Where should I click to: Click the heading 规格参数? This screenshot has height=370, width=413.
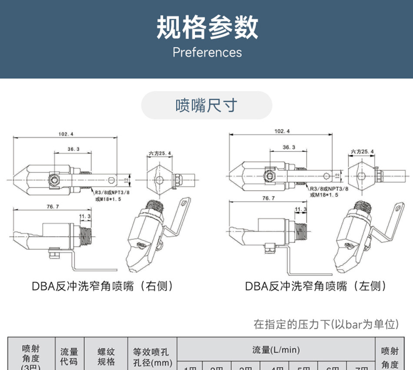pos(207,27)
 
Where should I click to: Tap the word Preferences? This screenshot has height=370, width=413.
pos(207,53)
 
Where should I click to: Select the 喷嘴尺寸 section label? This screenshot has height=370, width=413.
pos(206,105)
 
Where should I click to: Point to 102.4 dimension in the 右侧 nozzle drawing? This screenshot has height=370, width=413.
pos(66,134)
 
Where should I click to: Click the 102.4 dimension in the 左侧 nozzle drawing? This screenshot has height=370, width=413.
pos(282,131)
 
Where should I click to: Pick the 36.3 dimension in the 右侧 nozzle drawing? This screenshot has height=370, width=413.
pos(73,149)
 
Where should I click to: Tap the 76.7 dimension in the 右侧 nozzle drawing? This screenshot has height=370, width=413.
pos(53,207)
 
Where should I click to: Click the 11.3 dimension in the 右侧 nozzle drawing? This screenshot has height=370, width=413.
pos(85,216)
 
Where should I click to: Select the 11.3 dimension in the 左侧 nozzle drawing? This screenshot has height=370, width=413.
pos(300,209)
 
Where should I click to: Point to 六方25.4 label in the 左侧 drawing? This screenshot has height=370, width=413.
pos(362,151)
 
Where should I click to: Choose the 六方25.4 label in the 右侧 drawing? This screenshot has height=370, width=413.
pos(160,153)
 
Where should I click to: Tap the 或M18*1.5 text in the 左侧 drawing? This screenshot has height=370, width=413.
pos(324,195)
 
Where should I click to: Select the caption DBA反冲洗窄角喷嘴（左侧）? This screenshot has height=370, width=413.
pos(316,286)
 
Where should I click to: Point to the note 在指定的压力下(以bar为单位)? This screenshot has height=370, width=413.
pos(326,324)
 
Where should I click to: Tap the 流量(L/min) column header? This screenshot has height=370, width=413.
pos(276,350)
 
